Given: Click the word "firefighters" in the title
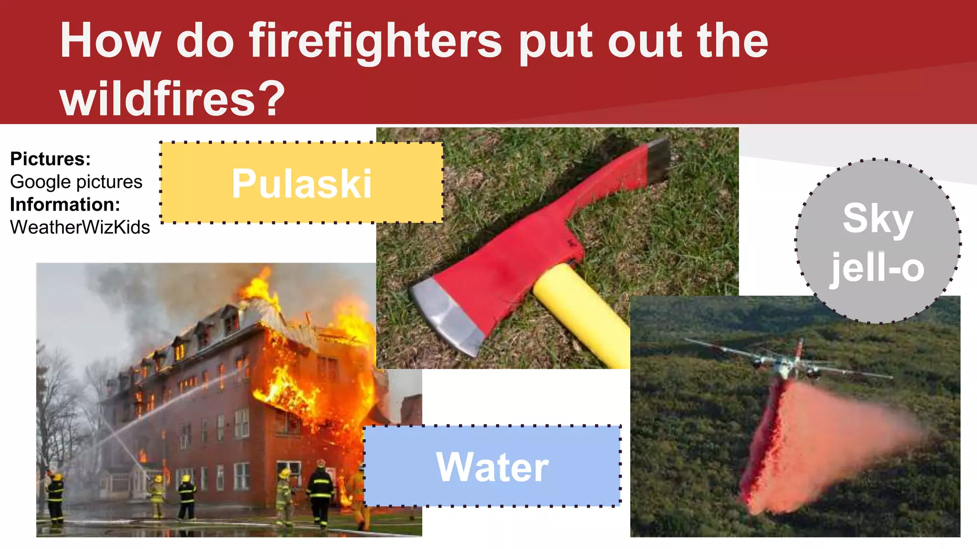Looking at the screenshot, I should pyautogui.click(x=375, y=42).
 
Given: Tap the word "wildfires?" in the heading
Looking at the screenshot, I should pyautogui.click(x=172, y=99).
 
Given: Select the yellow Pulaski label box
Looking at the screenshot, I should pyautogui.click(x=301, y=183).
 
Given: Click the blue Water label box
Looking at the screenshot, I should pyautogui.click(x=492, y=466).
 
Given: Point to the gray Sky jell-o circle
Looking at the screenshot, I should pyautogui.click(x=878, y=241).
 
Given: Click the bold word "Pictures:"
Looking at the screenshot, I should pyautogui.click(x=50, y=159).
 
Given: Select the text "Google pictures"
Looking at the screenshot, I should pyautogui.click(x=76, y=182).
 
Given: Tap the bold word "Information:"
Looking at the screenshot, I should pyautogui.click(x=65, y=204).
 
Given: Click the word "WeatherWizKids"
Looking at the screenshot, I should pyautogui.click(x=80, y=227).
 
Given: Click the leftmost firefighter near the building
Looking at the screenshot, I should pyautogui.click(x=55, y=498).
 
